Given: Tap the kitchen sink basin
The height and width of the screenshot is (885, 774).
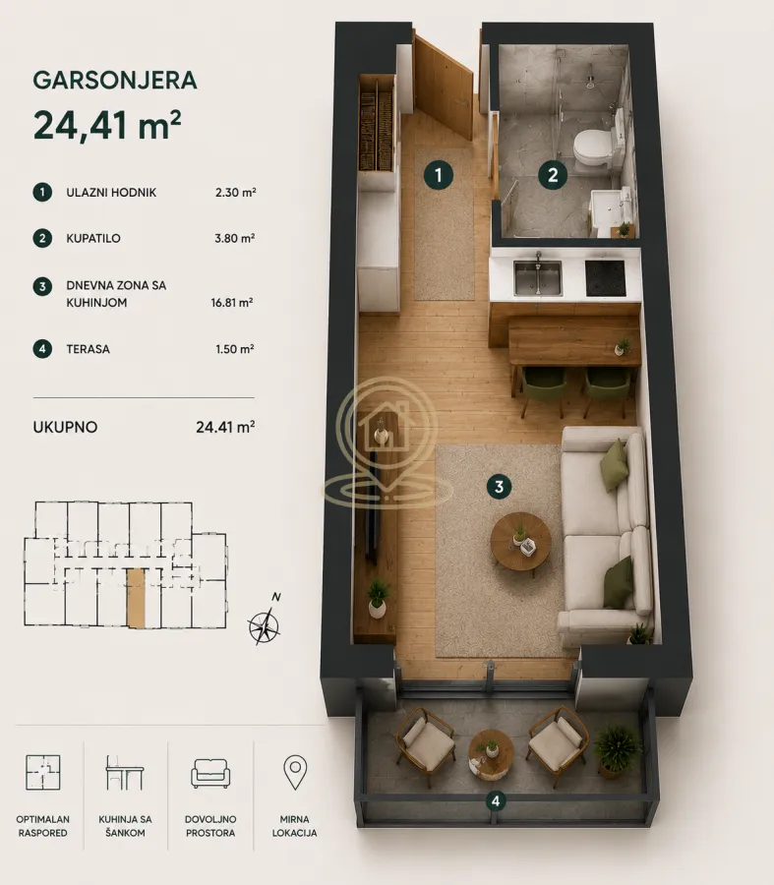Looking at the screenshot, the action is [537, 277].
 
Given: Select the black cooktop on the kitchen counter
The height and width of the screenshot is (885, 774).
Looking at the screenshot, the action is [605, 277].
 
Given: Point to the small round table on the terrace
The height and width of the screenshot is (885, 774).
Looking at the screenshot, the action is [491, 754].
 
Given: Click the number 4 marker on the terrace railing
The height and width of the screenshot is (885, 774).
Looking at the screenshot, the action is [496, 800].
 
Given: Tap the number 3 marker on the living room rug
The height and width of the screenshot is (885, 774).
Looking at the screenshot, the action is [499, 487].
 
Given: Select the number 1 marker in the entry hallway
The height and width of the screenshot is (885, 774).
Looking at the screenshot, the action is [439, 175].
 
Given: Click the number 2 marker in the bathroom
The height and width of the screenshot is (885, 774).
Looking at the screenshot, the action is [553, 175].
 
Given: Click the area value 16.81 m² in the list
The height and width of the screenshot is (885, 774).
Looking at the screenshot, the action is [232, 303].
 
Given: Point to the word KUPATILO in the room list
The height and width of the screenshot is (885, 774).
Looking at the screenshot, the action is [93, 238].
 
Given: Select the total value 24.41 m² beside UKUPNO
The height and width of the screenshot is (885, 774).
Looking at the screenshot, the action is [225, 427].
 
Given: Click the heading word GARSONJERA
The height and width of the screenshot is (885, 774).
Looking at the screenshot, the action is [115, 81].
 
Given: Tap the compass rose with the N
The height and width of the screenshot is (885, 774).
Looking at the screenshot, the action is [264, 623].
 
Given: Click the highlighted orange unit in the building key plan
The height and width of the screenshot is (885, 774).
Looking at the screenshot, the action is [136, 598].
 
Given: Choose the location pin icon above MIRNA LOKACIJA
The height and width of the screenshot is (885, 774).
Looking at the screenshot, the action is [295, 772].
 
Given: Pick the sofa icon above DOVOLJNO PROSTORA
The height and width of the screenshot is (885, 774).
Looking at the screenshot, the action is [210, 773].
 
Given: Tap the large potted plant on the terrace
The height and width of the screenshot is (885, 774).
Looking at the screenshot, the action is [617, 750].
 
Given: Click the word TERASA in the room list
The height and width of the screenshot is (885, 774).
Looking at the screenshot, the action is [89, 349].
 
